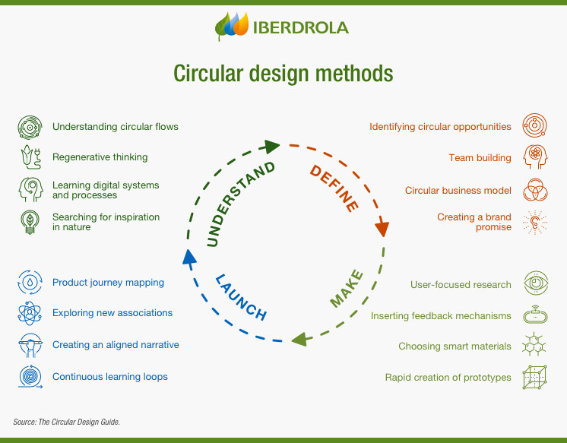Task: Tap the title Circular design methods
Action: pyautogui.click(x=283, y=74)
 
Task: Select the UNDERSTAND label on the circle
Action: pyautogui.click(x=241, y=204)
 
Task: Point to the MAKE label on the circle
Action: pyautogui.click(x=347, y=289)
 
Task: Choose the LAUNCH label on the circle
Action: pyautogui.click(x=240, y=296)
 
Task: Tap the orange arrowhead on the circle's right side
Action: pyautogui.click(x=382, y=227)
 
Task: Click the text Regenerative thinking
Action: pyautogui.click(x=100, y=157)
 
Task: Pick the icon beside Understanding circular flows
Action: pyautogui.click(x=28, y=127)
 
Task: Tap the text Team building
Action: pyautogui.click(x=480, y=158)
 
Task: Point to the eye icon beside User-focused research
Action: pyautogui.click(x=535, y=284)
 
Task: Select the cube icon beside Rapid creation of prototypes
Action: pyautogui.click(x=535, y=377)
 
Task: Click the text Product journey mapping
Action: pyautogui.click(x=108, y=283)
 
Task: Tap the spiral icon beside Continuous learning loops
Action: pyautogui.click(x=28, y=376)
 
